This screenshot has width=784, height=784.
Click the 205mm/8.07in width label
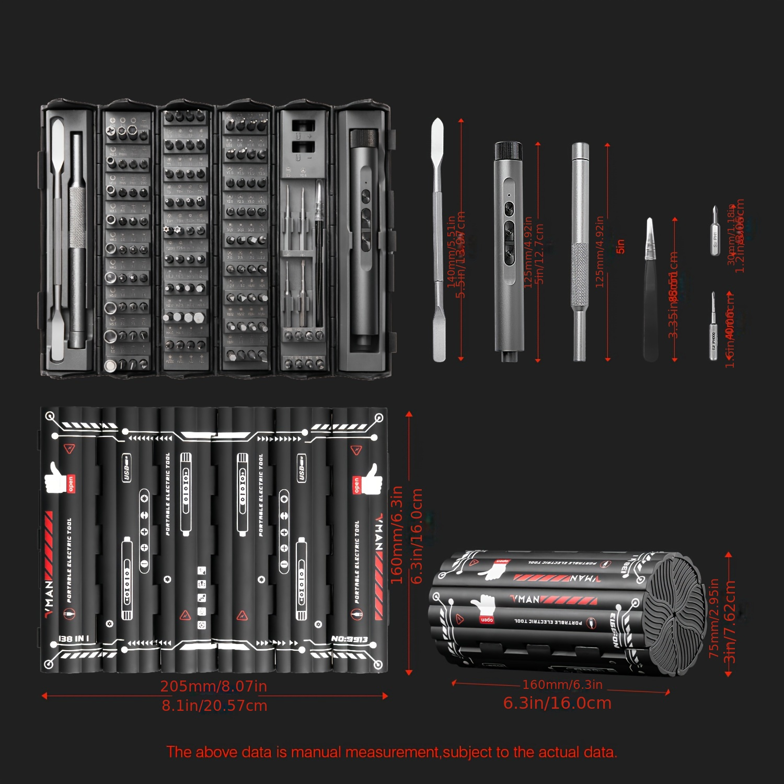(213, 686)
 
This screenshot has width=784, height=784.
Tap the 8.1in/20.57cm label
(214, 706)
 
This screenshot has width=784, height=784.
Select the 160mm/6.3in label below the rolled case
(562, 684)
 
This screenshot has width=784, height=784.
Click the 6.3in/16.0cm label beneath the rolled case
(557, 703)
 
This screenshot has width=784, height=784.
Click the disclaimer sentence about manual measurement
(391, 752)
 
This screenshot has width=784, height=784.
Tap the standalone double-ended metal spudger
(438, 240)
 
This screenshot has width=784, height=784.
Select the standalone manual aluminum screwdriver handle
(580, 251)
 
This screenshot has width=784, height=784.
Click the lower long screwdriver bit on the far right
(713, 326)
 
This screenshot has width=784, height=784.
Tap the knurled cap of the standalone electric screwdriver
(509, 151)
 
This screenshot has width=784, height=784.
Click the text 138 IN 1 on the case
(73, 639)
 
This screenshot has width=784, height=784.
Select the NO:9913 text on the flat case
(349, 639)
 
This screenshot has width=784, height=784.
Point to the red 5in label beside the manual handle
(620, 246)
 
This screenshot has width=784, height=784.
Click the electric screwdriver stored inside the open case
(365, 240)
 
